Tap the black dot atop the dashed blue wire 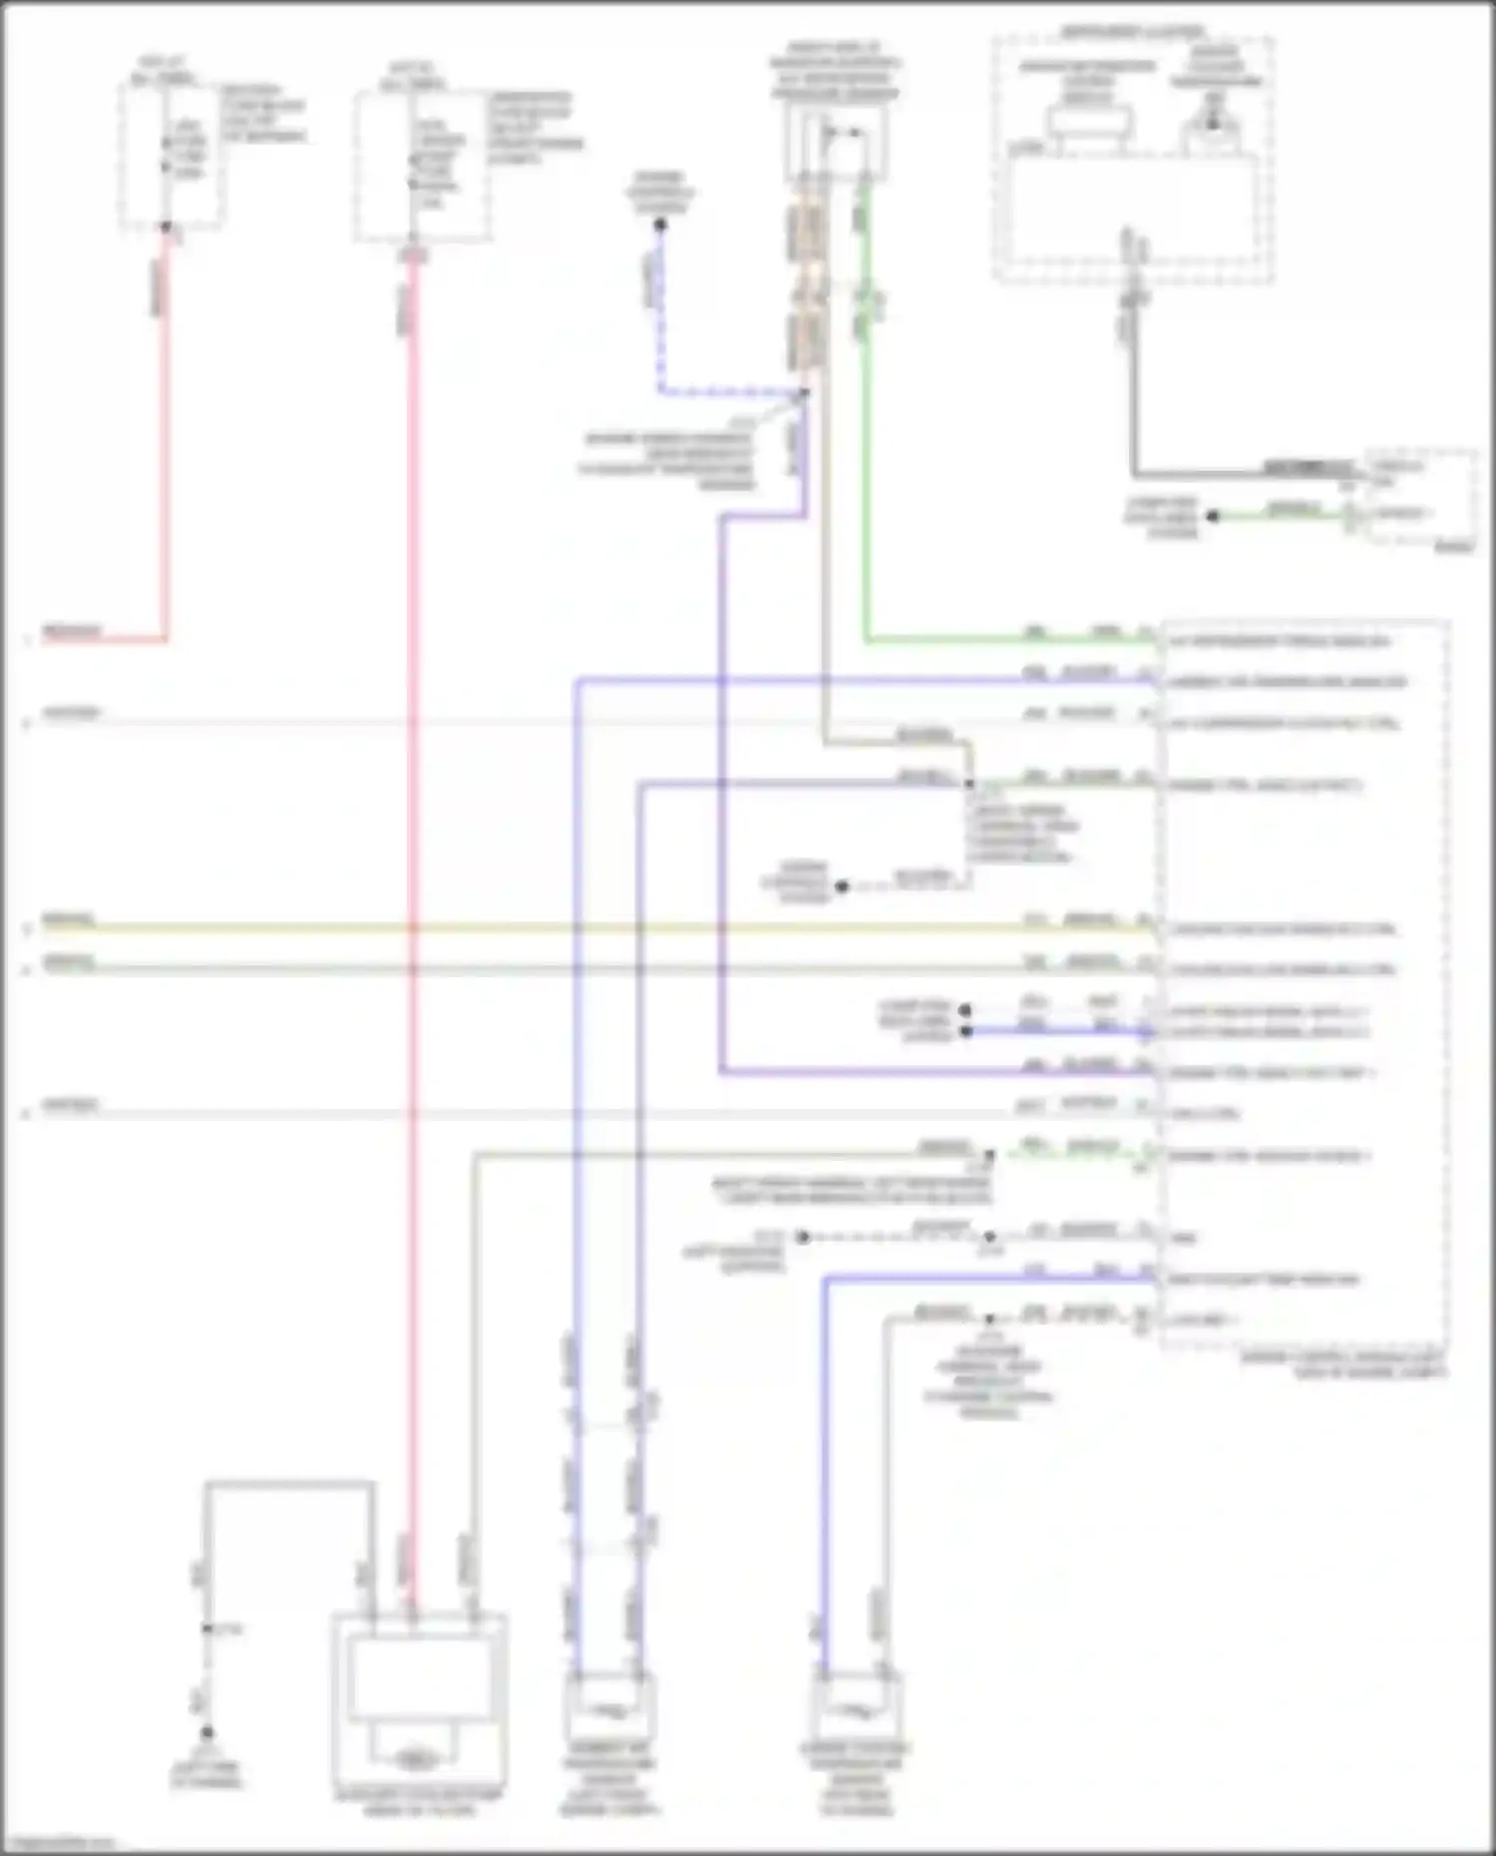(660, 225)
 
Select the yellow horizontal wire (598, 928)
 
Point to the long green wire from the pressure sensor (866, 449)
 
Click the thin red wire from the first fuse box (166, 449)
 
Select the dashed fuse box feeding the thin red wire (170, 155)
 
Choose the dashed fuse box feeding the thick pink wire (422, 166)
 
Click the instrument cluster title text (1132, 33)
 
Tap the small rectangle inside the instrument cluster (1090, 124)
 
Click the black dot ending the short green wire (1213, 516)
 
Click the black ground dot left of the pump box (207, 1733)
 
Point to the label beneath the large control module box (1341, 1365)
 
